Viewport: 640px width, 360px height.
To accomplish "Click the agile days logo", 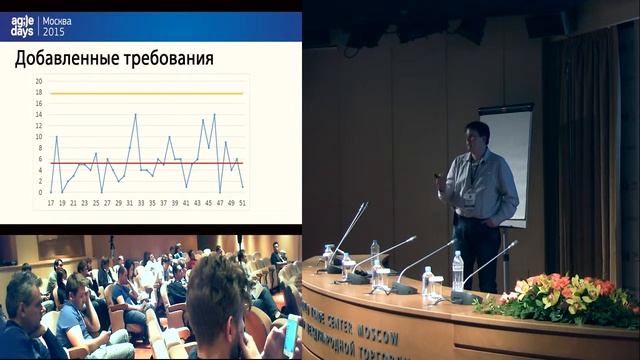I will (x=22, y=26).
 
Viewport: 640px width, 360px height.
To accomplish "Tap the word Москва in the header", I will (x=56, y=20).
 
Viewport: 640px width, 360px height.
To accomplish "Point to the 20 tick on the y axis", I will (x=38, y=81).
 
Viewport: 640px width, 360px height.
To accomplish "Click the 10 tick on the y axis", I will (x=38, y=136).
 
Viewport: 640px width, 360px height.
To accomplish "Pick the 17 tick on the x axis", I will (x=51, y=202).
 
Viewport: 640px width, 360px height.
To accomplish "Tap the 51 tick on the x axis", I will (x=242, y=202).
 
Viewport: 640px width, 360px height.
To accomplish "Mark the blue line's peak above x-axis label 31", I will (x=135, y=115).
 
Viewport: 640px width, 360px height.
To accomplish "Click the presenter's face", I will (x=478, y=137).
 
